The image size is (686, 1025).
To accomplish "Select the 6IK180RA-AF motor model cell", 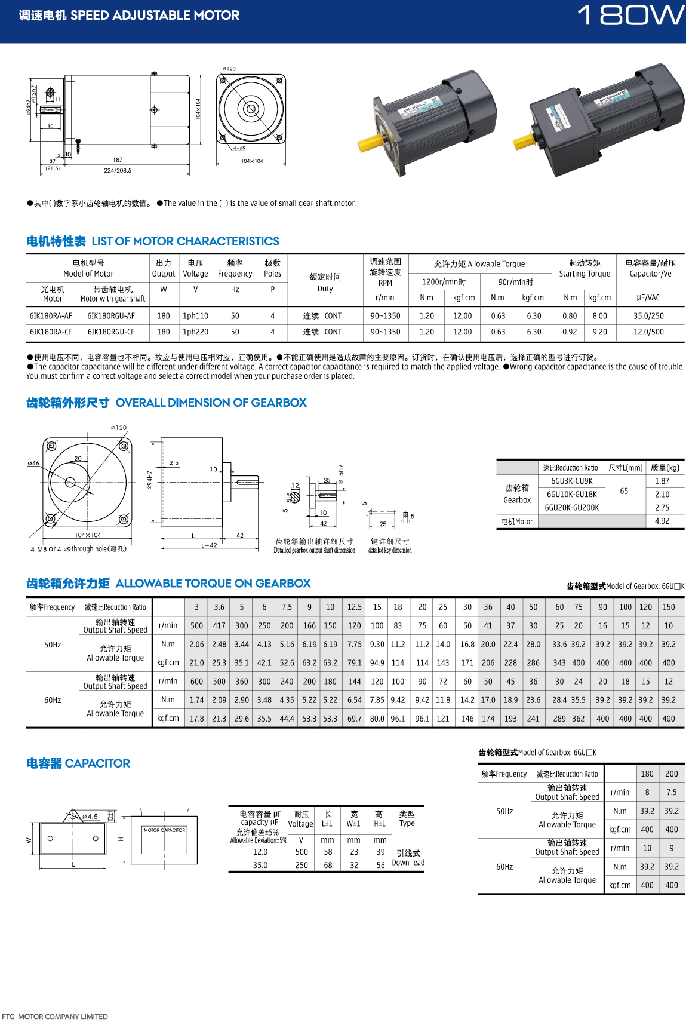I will [x=51, y=316].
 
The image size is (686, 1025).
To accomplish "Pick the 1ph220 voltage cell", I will [x=195, y=332].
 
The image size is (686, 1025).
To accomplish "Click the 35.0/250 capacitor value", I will [x=648, y=316].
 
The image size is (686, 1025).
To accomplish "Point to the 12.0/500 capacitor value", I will [x=648, y=332].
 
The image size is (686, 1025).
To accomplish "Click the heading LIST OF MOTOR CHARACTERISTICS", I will [x=185, y=241].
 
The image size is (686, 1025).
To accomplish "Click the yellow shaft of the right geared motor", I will [x=524, y=142].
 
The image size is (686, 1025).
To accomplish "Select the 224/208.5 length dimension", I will [x=118, y=170].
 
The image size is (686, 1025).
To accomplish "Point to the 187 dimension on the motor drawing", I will [x=118, y=160].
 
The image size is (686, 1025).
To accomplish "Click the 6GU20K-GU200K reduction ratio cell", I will [x=572, y=508].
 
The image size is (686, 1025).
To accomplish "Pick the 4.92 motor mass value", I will [x=662, y=521].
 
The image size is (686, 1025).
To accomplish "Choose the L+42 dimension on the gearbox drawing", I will [x=209, y=545].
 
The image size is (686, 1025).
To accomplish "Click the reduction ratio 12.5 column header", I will [x=355, y=607].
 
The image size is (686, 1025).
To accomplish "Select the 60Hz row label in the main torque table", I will [x=53, y=700].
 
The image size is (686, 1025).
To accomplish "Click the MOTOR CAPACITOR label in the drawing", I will [x=164, y=830].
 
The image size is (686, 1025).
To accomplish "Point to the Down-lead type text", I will [x=408, y=863].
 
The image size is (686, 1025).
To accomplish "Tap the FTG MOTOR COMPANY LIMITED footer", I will [x=55, y=1017].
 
